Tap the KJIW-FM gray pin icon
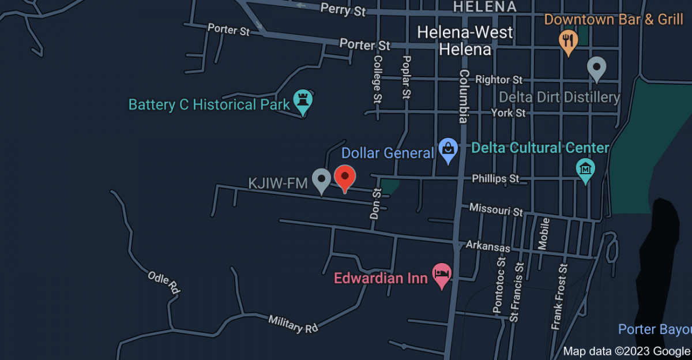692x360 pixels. point(321,180)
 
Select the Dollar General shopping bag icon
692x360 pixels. point(448,151)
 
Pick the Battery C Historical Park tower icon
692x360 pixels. point(302,101)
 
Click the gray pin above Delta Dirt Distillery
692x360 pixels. point(596,68)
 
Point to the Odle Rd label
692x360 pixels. point(164,283)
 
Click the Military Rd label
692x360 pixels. point(293,324)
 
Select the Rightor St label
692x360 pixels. point(499,80)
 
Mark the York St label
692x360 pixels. point(508,113)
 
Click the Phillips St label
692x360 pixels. point(495,179)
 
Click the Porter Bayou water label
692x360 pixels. point(655,329)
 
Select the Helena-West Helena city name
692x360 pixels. point(465,40)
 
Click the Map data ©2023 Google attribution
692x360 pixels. point(626,351)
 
